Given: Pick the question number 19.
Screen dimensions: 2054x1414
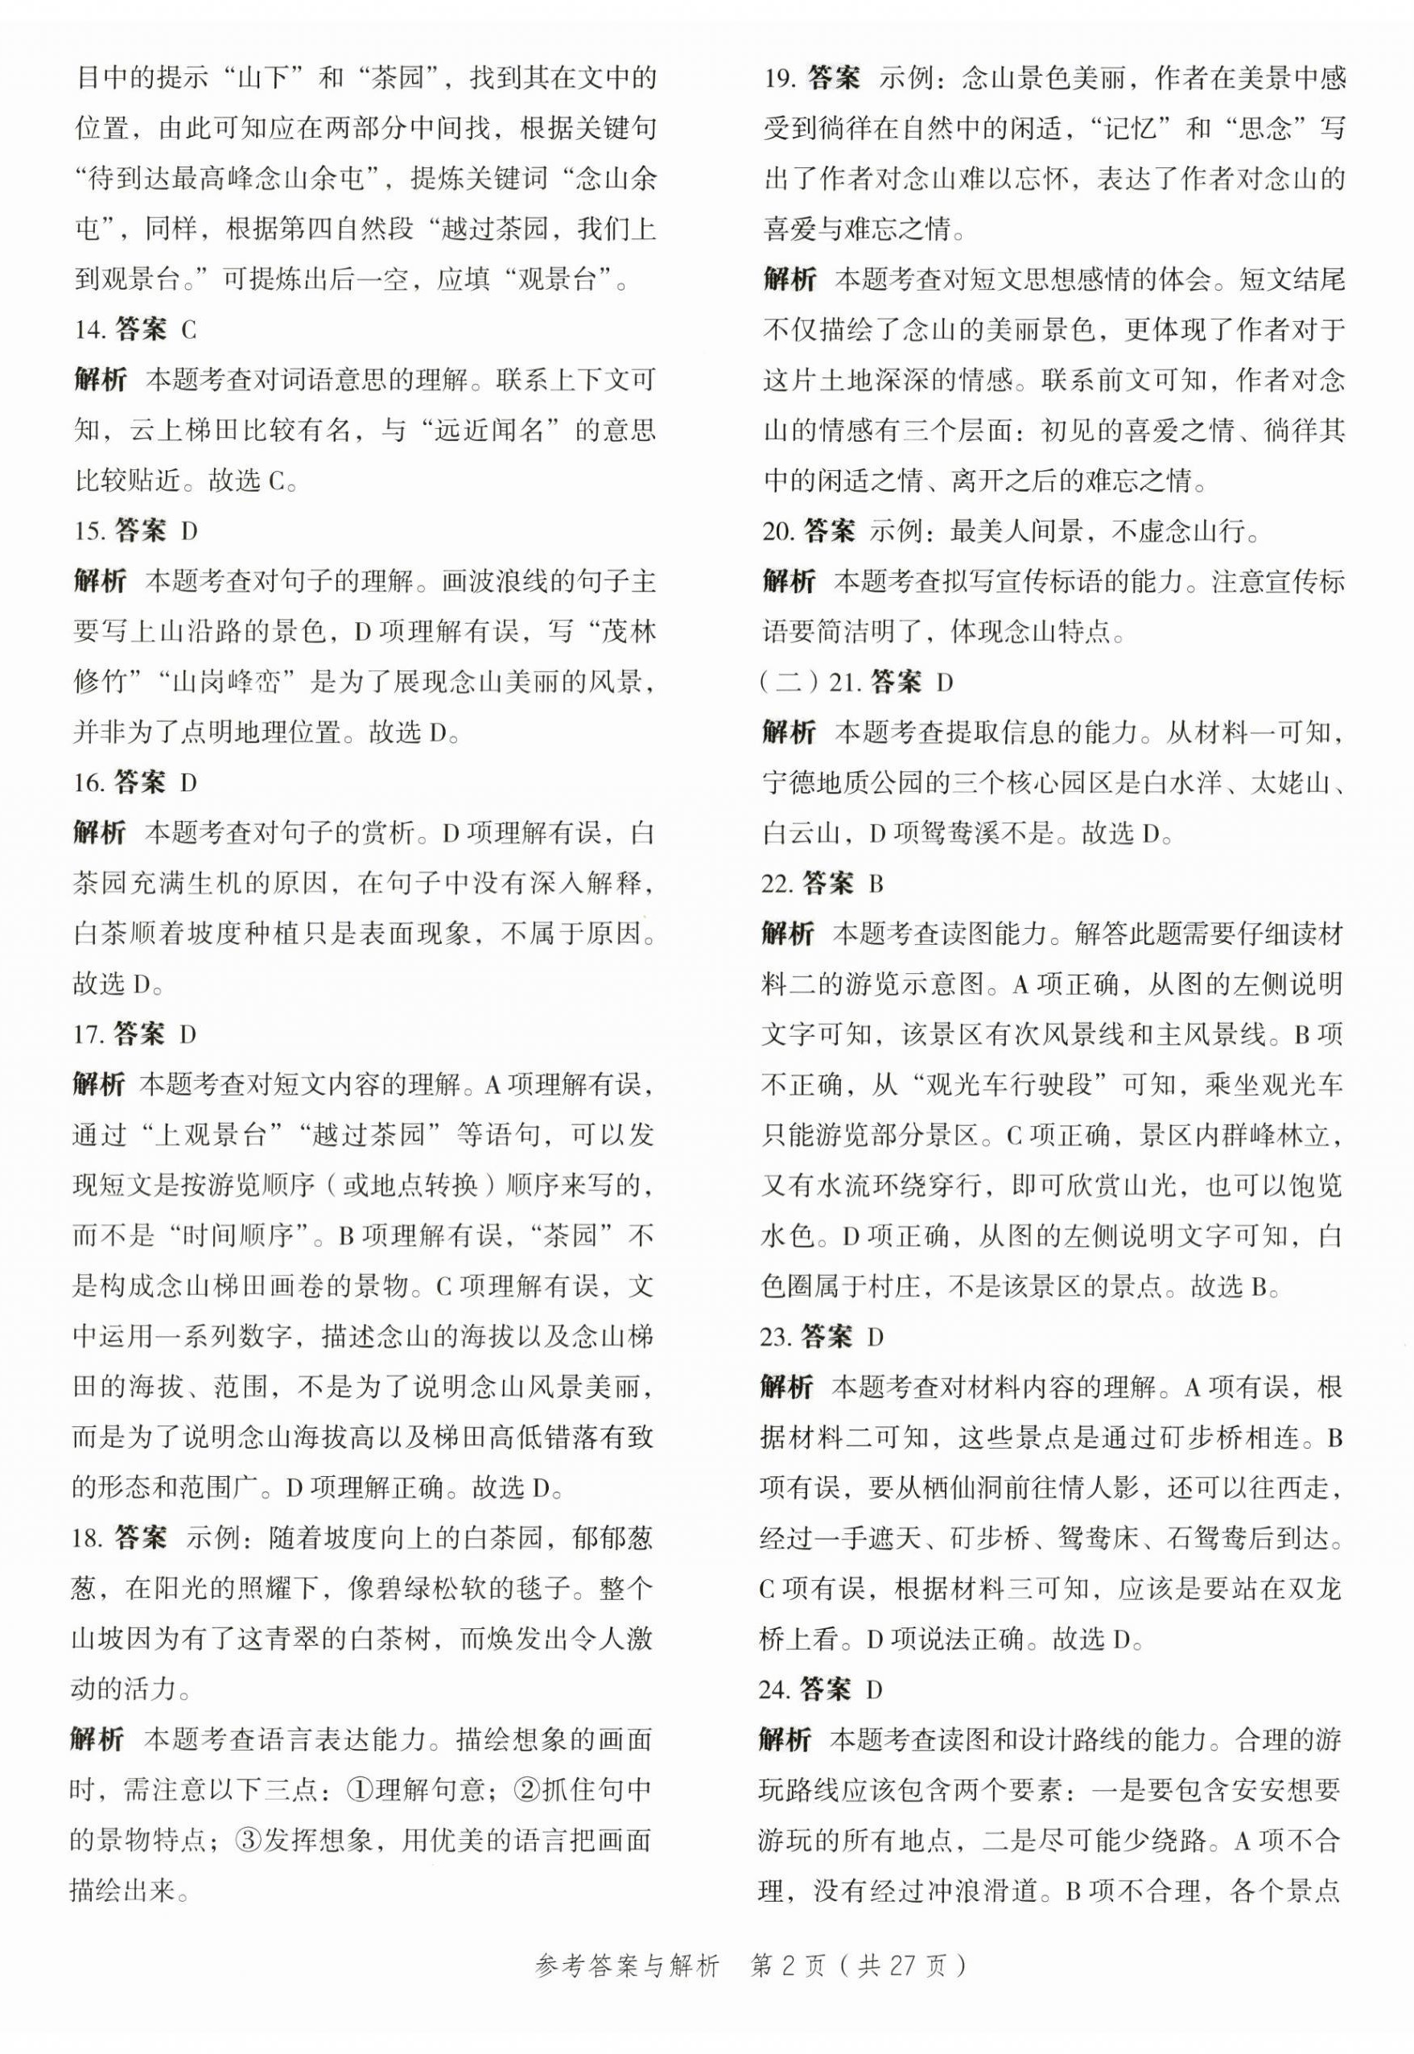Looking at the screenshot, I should coord(779,79).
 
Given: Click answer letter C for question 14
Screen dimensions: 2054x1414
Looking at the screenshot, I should coord(188,331).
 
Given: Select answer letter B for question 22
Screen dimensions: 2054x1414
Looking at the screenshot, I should coord(876,884).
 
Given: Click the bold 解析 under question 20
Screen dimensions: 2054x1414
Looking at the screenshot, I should coord(789,581).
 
